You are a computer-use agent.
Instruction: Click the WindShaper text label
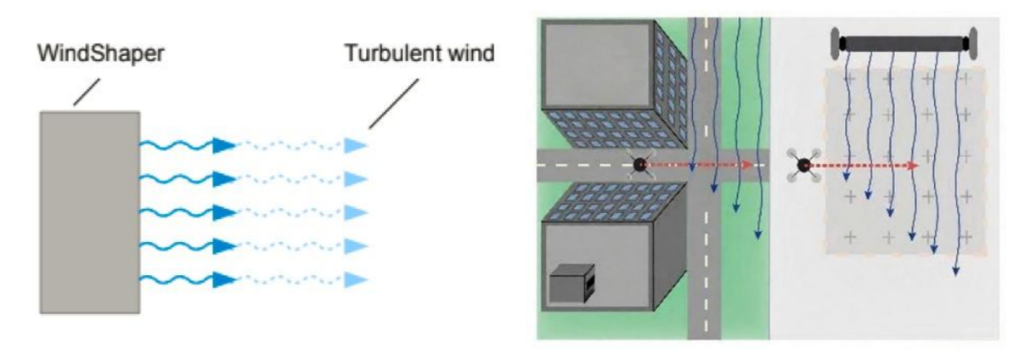(100, 53)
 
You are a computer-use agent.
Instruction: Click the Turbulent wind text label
(419, 53)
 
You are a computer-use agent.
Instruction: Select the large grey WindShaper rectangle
(90, 212)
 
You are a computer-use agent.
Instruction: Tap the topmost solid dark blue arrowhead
(225, 145)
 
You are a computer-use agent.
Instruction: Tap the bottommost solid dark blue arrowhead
(225, 279)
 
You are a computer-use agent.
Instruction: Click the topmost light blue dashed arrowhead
(356, 145)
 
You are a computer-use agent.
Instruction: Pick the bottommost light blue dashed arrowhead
(356, 279)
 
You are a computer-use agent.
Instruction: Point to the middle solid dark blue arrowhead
(225, 212)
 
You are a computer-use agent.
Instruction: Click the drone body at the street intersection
(640, 165)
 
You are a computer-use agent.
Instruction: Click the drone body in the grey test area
(804, 165)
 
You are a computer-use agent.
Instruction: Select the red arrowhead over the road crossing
(746, 165)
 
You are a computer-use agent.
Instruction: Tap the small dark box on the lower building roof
(571, 283)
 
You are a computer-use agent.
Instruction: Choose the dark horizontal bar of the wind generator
(904, 43)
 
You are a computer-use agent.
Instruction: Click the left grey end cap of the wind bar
(836, 43)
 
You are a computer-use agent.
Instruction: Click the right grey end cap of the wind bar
(972, 43)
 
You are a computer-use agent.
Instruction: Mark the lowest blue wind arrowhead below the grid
(956, 271)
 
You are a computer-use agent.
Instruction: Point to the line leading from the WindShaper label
(87, 92)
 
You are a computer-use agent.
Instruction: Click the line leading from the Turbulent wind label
(393, 104)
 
